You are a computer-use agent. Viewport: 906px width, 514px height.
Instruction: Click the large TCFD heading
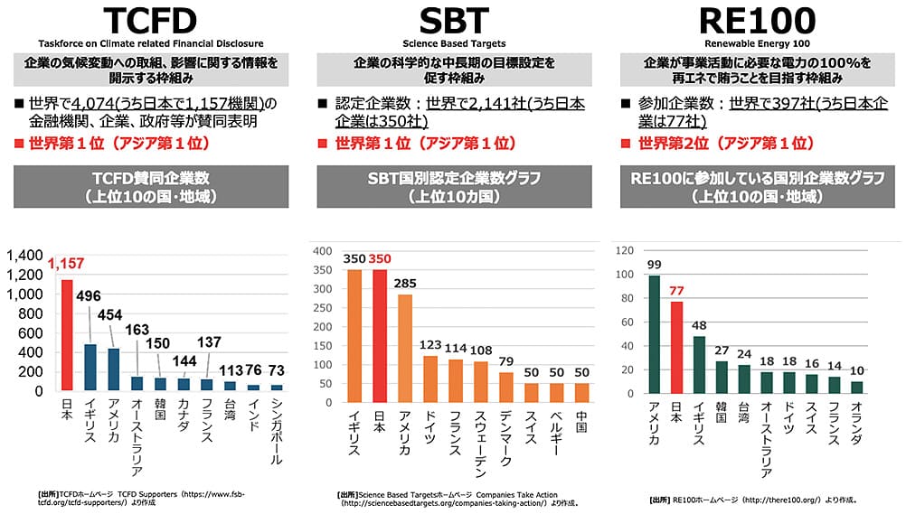tap(149, 23)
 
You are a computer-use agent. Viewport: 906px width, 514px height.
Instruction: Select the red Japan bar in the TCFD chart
tap(66, 335)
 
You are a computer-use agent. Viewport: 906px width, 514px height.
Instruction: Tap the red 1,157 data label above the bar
tap(65, 265)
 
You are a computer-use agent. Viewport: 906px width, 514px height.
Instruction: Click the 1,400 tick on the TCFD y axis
tap(25, 256)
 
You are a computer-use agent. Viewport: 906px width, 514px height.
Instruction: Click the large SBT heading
tap(453, 23)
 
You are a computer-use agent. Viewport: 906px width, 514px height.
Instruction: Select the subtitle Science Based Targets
tap(453, 42)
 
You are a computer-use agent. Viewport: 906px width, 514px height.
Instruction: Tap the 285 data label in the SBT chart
tap(405, 283)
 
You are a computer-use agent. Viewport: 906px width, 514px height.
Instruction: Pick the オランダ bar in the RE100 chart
tap(857, 387)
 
